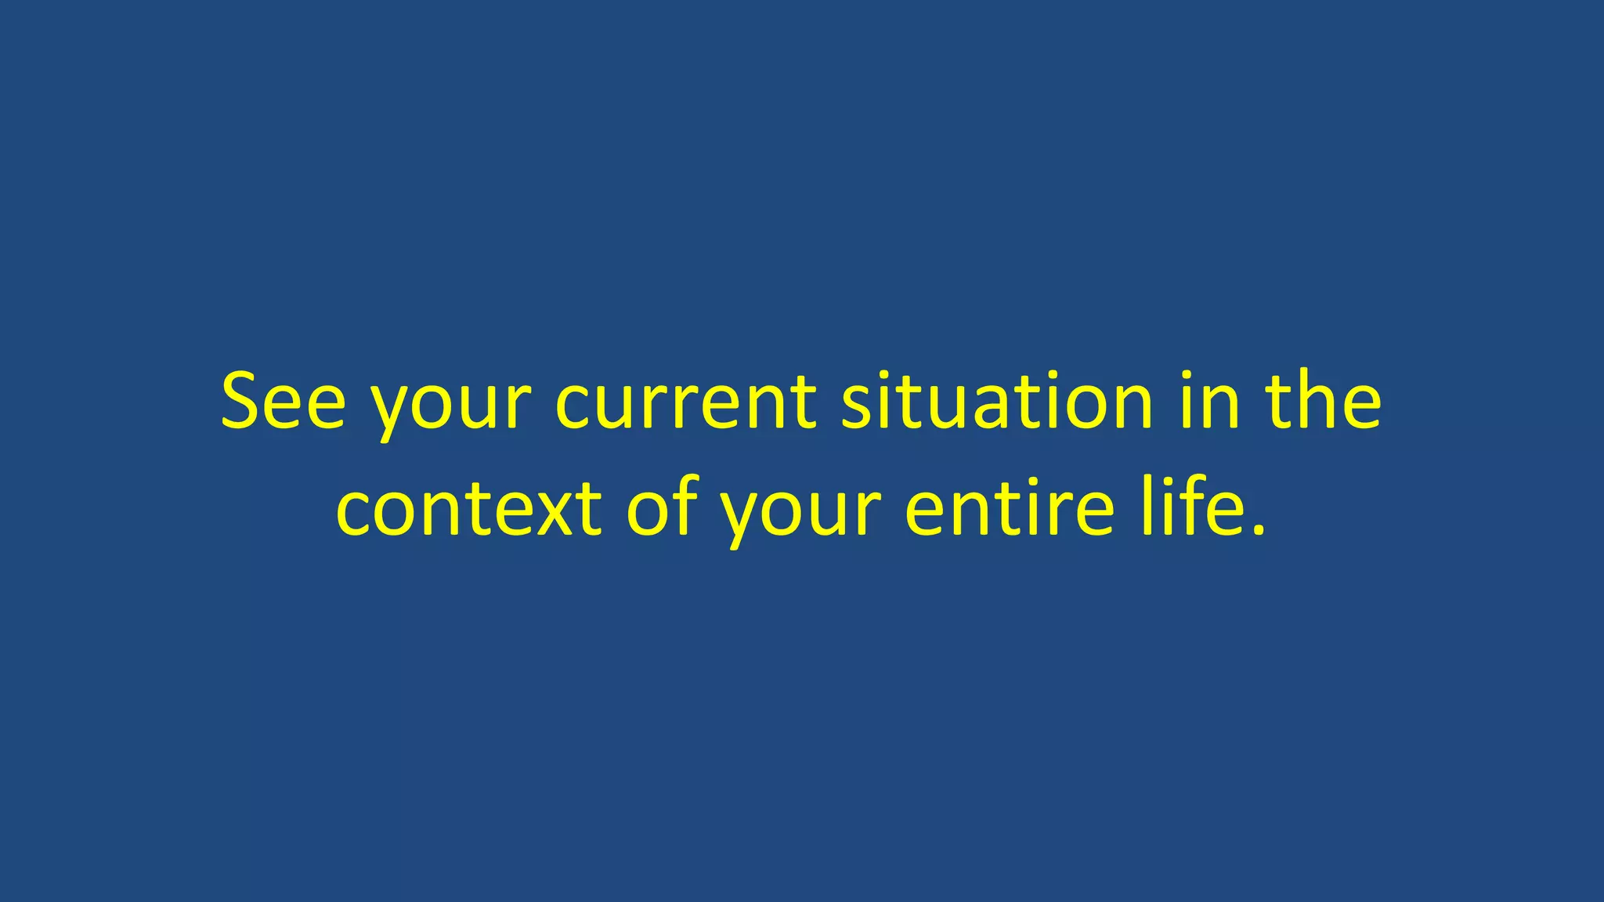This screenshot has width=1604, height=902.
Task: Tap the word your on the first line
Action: click(450, 407)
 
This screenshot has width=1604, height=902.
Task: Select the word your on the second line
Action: click(800, 514)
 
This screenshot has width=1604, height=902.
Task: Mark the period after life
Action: click(1258, 531)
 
